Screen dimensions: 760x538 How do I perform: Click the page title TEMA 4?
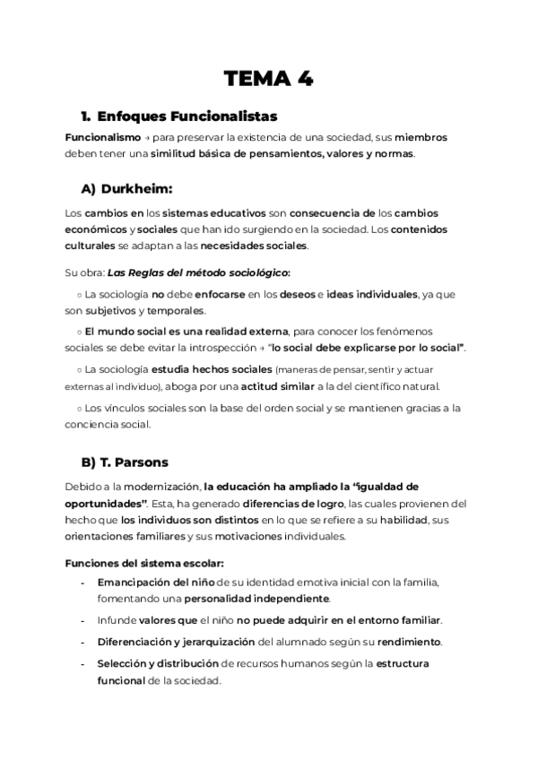(x=269, y=78)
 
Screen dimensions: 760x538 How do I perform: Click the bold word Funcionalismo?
(x=103, y=138)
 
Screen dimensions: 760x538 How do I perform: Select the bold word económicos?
(x=96, y=229)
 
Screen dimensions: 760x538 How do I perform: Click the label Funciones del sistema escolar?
(x=143, y=563)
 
